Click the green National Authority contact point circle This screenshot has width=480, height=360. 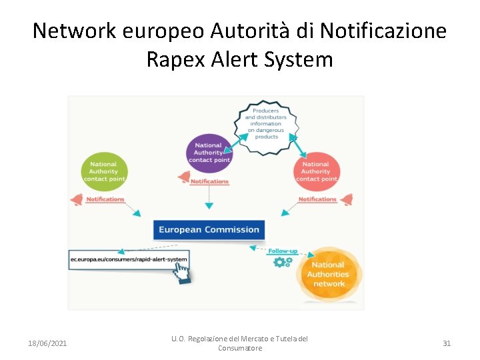[103, 171]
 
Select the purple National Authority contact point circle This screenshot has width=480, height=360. [209, 153]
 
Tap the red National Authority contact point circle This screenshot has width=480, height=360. [316, 171]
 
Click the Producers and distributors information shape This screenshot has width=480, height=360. [266, 123]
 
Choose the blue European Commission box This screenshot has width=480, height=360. [209, 230]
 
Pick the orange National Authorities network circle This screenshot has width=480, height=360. [329, 273]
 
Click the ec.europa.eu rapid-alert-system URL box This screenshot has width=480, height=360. [129, 259]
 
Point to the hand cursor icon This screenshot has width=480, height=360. [181, 272]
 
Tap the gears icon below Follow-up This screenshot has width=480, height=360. [283, 262]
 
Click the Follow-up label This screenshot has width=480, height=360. [283, 251]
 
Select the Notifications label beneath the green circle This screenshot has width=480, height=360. [105, 199]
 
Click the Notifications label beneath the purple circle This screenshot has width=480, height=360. [209, 181]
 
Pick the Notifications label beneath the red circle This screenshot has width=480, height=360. [317, 199]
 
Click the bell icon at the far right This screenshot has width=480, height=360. [346, 199]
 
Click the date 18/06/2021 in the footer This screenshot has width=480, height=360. [47, 343]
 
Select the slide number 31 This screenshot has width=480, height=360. [447, 343]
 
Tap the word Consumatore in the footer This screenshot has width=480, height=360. [240, 348]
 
